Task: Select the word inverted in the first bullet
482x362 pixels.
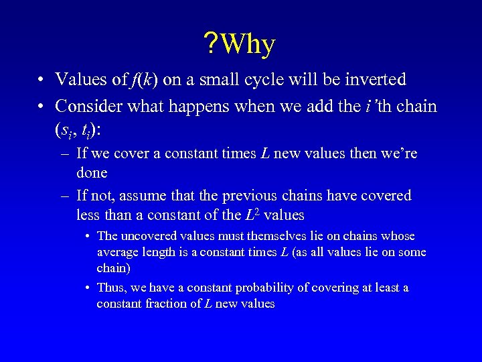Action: pos(373,80)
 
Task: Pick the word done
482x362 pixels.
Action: pos(92,172)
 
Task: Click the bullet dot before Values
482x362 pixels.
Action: pos(42,80)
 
